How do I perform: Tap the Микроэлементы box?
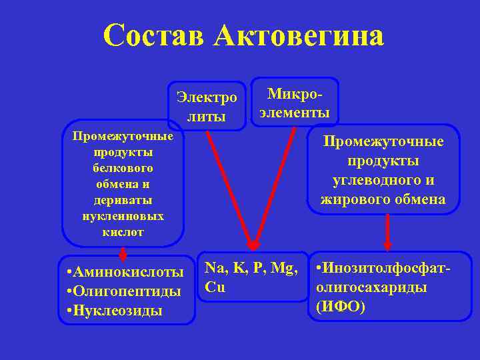coord(293,101)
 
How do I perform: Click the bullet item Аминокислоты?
coord(129,272)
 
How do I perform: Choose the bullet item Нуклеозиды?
coord(119,311)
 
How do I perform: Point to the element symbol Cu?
coord(215,287)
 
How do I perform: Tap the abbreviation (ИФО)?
coord(341,307)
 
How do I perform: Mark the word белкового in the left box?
coord(123,168)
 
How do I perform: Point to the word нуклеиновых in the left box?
coord(123,216)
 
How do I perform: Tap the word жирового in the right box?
coord(353,199)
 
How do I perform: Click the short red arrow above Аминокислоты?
coord(123,253)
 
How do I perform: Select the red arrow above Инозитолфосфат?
coord(387,233)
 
